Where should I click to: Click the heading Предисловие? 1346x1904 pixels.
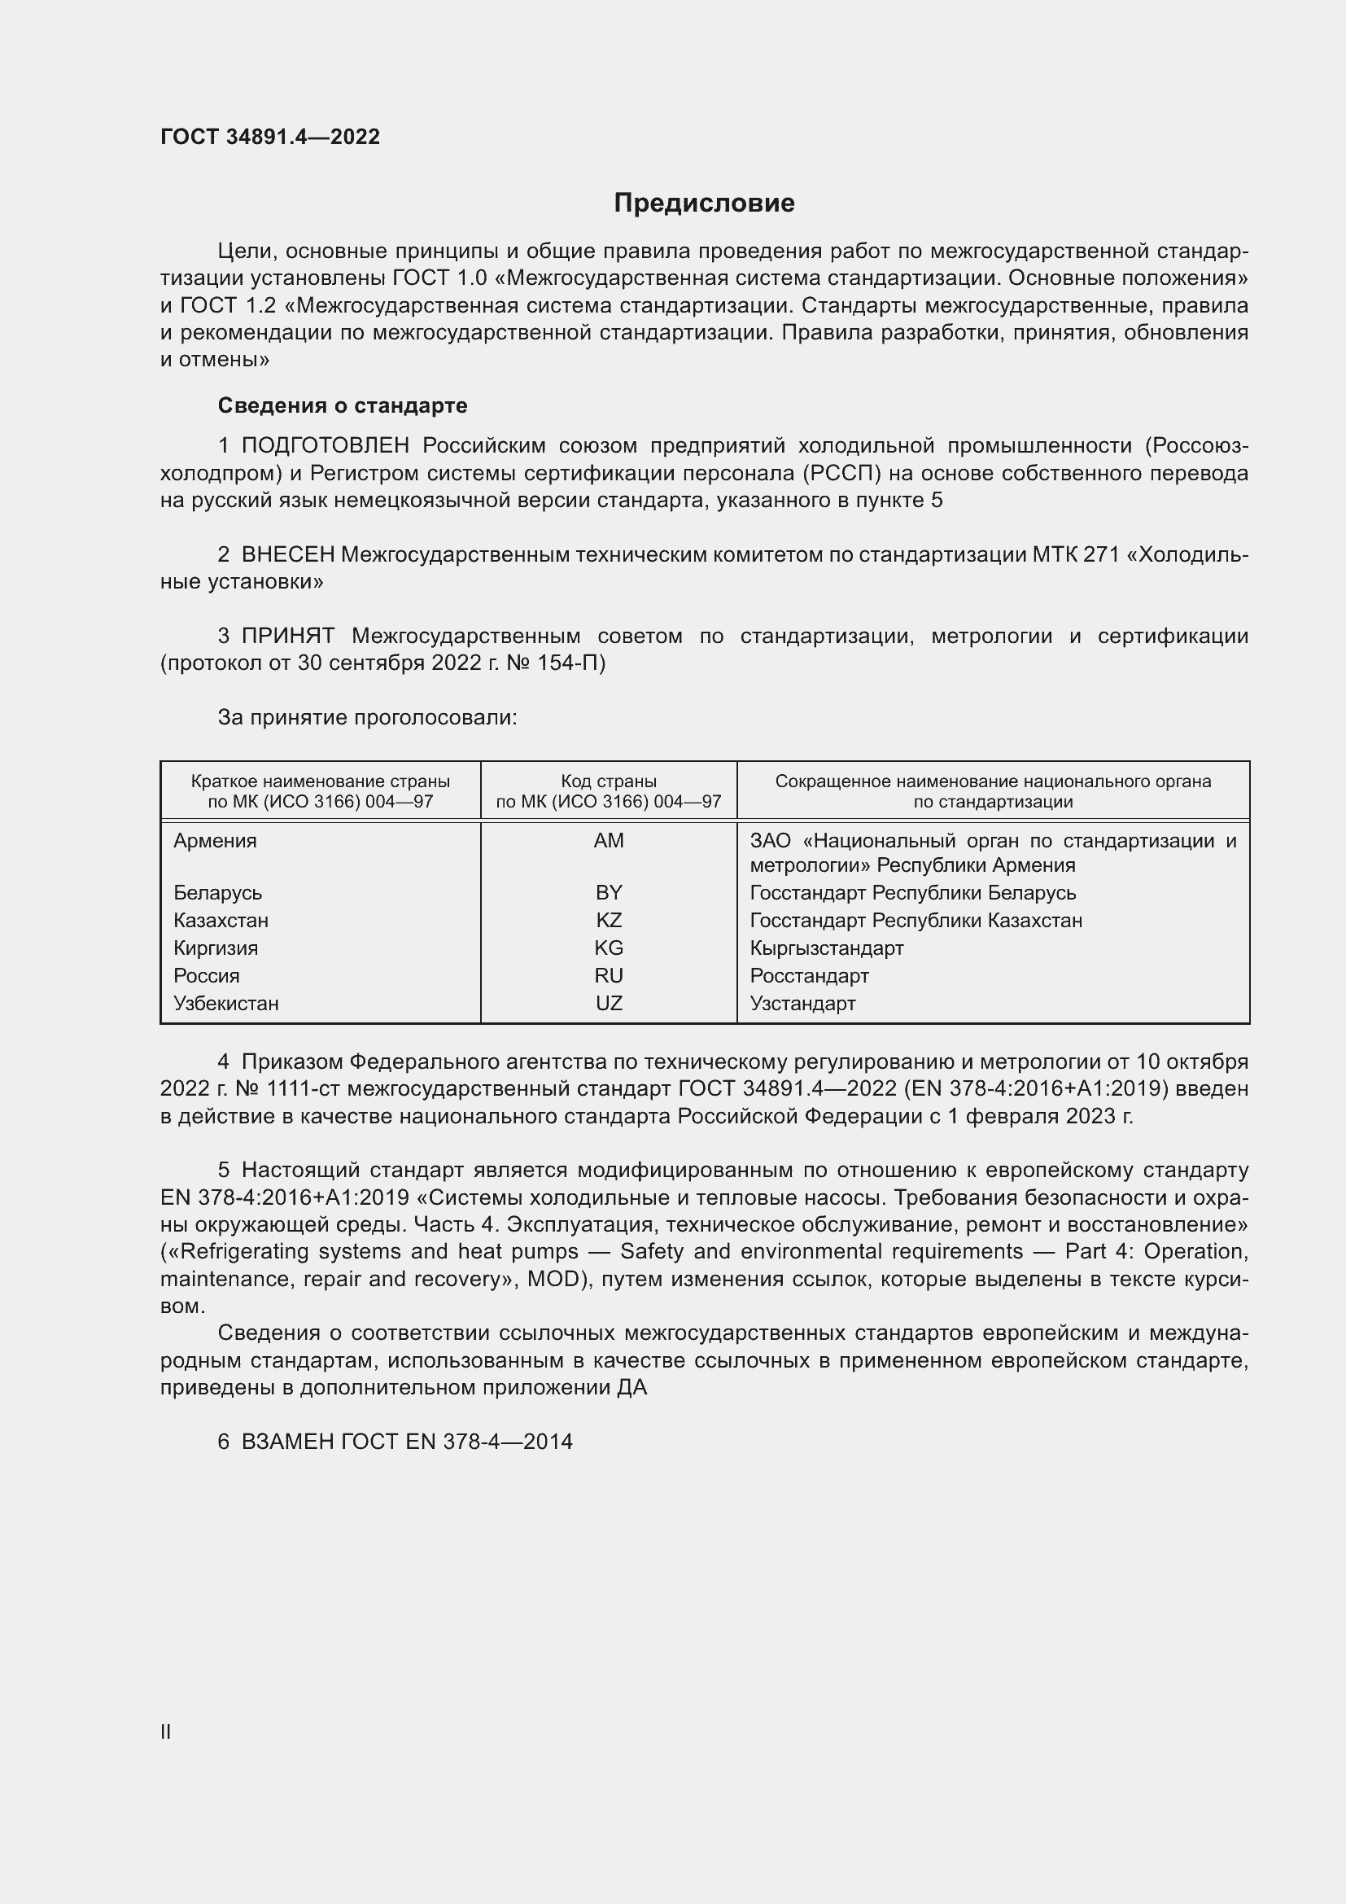click(704, 204)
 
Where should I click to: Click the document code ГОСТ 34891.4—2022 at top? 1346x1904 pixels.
click(270, 137)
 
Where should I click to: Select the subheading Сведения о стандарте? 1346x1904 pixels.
click(343, 405)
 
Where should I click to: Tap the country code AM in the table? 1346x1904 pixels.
click(609, 841)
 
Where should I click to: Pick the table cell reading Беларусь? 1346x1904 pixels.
click(218, 893)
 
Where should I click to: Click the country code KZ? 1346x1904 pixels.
click(609, 921)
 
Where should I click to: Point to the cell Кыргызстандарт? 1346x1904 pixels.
click(826, 948)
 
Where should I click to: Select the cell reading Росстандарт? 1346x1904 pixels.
click(809, 976)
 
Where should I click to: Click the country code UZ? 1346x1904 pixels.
click(609, 1004)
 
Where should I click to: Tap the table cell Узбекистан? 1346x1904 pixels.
click(226, 1004)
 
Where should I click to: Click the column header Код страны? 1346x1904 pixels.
click(609, 781)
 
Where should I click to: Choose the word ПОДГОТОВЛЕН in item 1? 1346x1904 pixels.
click(325, 446)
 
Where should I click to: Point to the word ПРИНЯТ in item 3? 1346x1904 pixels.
click(287, 636)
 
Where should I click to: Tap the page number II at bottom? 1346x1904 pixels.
click(166, 1731)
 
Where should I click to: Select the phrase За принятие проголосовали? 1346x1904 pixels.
click(367, 717)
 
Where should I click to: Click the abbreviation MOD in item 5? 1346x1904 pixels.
click(553, 1280)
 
